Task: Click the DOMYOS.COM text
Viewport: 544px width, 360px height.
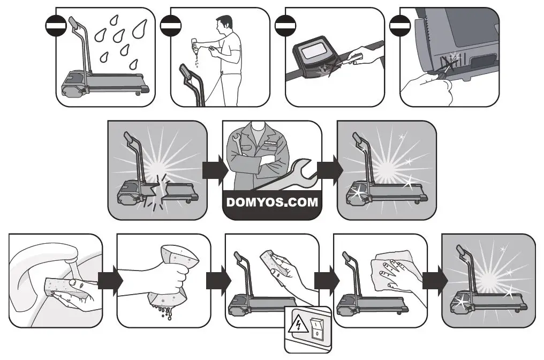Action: (x=272, y=203)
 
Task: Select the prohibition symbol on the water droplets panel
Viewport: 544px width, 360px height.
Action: (x=55, y=24)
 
